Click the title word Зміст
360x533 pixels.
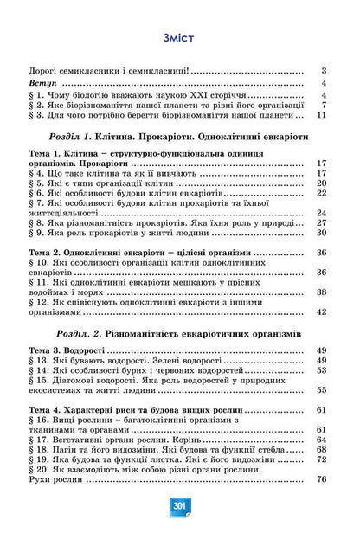click(179, 37)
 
